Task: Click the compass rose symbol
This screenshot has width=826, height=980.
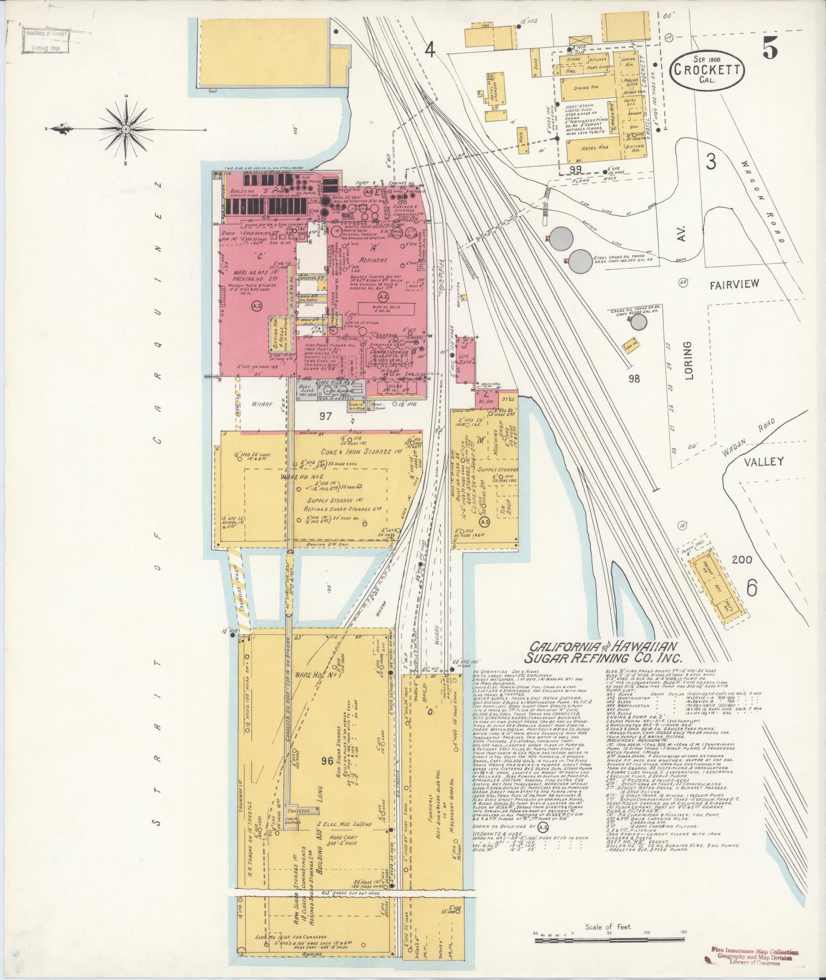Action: coord(126,129)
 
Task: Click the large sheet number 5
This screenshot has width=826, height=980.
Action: coord(769,50)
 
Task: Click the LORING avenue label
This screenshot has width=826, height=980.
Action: coord(687,361)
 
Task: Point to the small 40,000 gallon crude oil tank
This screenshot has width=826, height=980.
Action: coord(638,322)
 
